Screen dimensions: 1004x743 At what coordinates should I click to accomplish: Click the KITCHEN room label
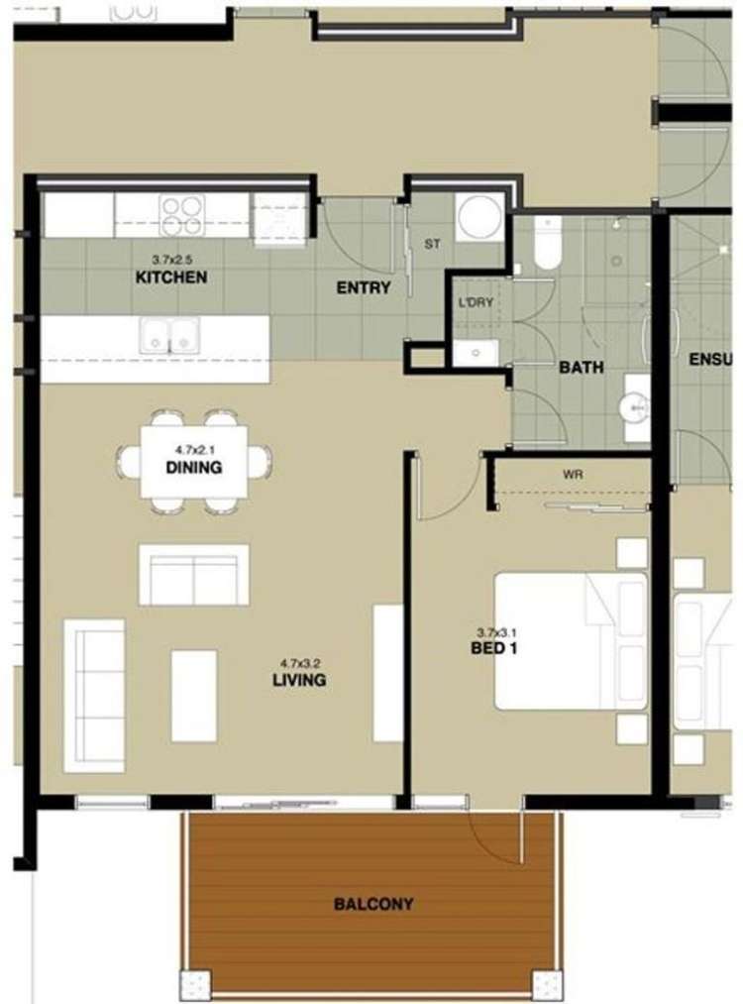[171, 278]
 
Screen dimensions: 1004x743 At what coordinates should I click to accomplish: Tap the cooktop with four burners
[181, 210]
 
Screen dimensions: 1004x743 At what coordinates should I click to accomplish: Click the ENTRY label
[363, 288]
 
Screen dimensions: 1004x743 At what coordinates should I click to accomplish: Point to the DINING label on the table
[193, 468]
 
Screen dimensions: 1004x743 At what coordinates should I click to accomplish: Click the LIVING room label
[299, 681]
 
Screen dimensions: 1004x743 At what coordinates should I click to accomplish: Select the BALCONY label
[373, 904]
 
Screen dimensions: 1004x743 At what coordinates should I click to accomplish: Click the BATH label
[582, 367]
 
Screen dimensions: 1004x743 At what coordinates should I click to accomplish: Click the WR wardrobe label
[573, 475]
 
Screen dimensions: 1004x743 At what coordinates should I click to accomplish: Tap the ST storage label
[432, 243]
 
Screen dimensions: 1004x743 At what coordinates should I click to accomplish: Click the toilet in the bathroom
[548, 244]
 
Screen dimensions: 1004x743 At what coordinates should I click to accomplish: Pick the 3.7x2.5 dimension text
[170, 261]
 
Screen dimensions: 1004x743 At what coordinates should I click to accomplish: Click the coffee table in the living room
[193, 695]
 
